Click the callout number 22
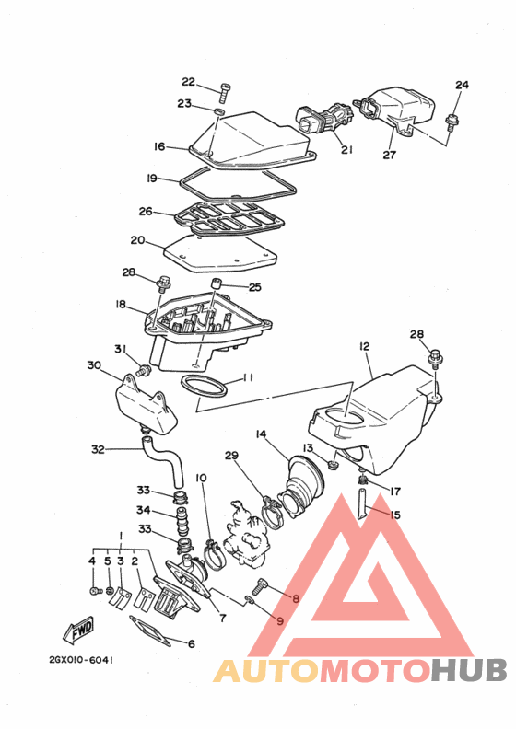tap(188, 82)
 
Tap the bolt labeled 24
tap(451, 120)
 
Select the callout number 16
tap(159, 146)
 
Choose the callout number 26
tap(146, 211)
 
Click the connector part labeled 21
tap(322, 121)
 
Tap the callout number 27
tap(389, 155)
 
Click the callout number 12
tap(364, 346)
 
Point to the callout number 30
tap(94, 365)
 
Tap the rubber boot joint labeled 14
tap(303, 480)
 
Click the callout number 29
tap(231, 456)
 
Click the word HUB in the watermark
tap(465, 669)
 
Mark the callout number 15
tap(394, 515)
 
